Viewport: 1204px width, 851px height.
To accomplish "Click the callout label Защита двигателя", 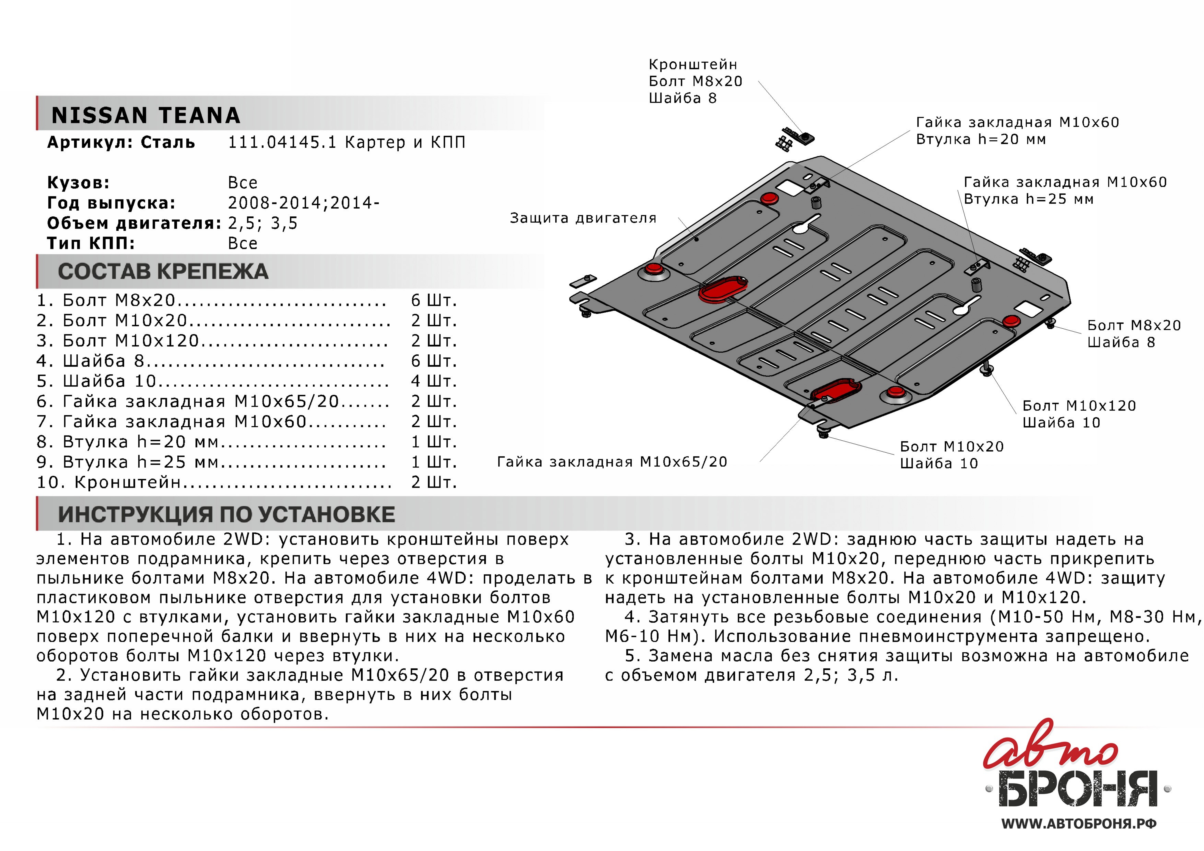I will pyautogui.click(x=583, y=218).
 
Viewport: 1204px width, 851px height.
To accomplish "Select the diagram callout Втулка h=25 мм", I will pyautogui.click(x=1028, y=199).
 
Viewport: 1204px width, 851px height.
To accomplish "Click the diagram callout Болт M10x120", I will pyautogui.click(x=1079, y=406).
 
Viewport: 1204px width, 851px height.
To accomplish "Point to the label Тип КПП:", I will pyautogui.click(x=91, y=243).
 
